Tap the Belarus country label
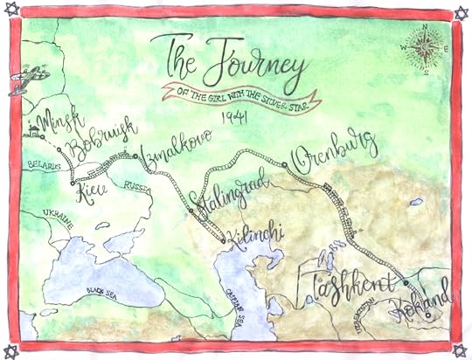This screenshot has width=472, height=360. [43, 166]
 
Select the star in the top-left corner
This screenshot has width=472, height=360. [10, 10]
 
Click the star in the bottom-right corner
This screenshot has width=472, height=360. [461, 350]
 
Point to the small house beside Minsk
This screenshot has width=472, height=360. [35, 134]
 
